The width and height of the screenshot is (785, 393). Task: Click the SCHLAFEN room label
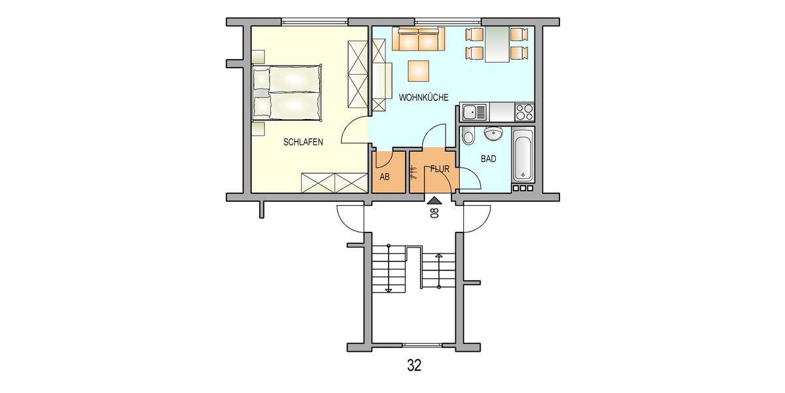[x=303, y=141]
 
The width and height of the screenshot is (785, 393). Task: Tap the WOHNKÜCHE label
[x=423, y=98]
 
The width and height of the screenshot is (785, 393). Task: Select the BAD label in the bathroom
[x=488, y=159]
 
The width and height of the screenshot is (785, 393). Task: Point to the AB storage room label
[x=385, y=178]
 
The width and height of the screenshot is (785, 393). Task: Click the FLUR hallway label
[x=439, y=169]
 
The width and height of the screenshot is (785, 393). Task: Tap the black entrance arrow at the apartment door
[x=434, y=198]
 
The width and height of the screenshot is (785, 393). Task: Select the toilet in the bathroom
[x=468, y=138]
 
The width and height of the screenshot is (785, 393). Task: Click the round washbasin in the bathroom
[x=493, y=134]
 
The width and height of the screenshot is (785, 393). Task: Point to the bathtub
[x=523, y=155]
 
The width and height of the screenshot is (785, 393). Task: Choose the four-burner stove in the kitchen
[x=524, y=113]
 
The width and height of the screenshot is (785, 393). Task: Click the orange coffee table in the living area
[x=419, y=69]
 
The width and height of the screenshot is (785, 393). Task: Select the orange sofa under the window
[x=419, y=40]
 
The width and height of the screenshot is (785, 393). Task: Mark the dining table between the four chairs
[x=497, y=45]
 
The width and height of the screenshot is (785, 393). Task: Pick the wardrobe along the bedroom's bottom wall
[x=334, y=182]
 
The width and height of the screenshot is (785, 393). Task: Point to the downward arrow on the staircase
[x=389, y=289]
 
